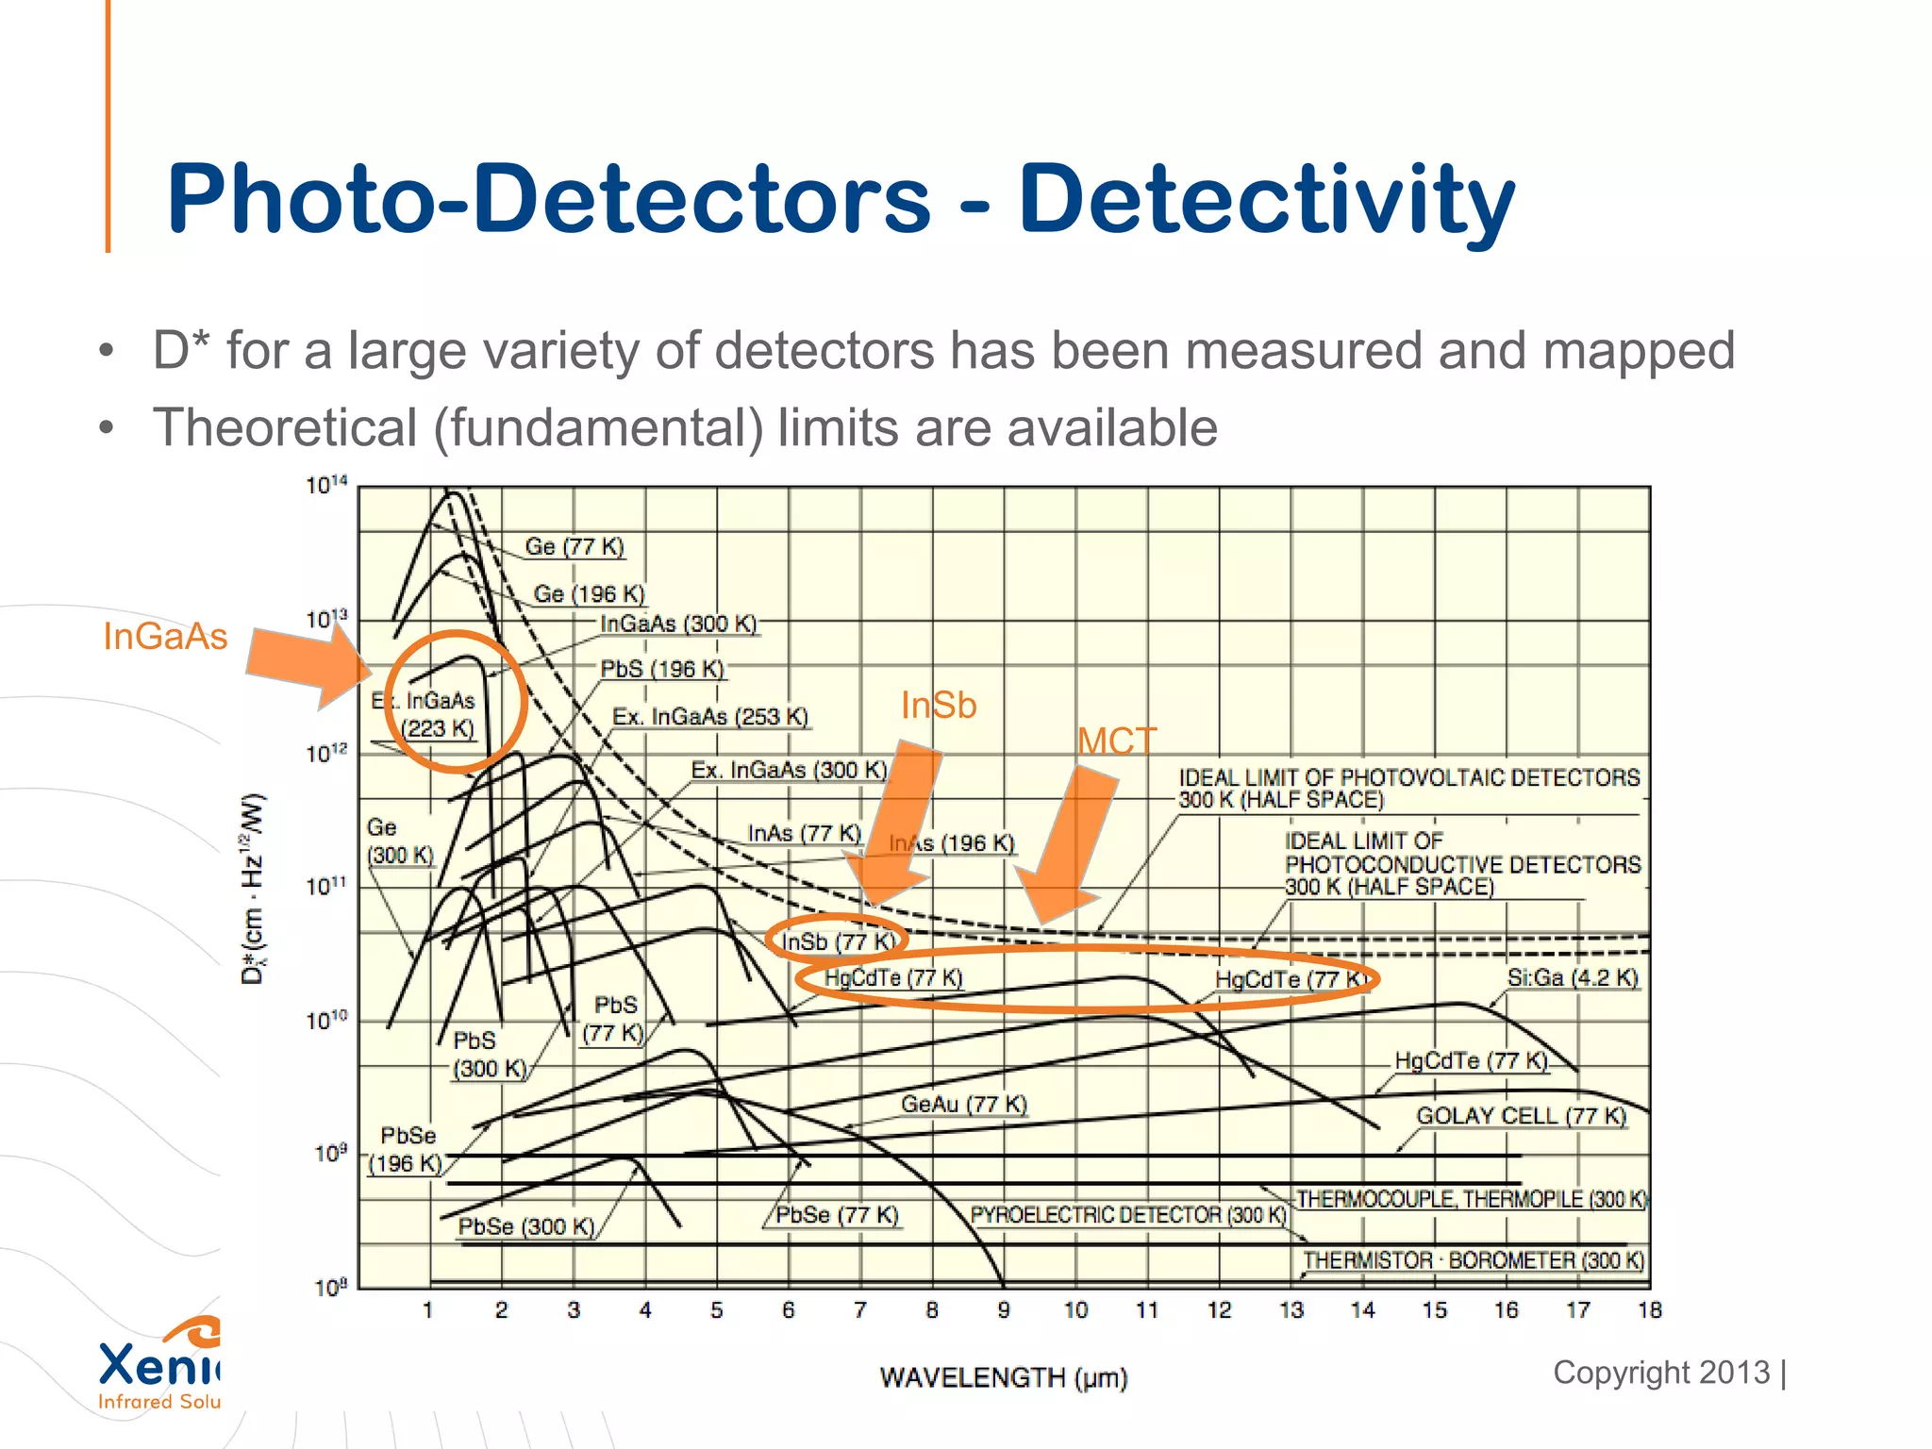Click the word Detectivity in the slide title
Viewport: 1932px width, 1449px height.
coord(1266,200)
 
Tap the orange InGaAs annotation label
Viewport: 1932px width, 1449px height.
coord(165,637)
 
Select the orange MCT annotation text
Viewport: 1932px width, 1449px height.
coord(1117,741)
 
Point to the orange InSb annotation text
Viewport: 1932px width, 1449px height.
coord(939,706)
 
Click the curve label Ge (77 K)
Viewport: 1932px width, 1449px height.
coord(575,546)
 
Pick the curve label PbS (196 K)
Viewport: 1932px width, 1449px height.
coord(662,669)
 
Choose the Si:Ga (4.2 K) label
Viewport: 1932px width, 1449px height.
coord(1572,978)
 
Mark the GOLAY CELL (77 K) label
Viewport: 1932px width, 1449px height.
coord(1521,1116)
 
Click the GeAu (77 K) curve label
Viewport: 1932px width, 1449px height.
coord(963,1104)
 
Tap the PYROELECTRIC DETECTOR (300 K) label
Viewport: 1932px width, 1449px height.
coord(1128,1215)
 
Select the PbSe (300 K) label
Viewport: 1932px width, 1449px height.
coord(525,1226)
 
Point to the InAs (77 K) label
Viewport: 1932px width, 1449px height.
coord(804,834)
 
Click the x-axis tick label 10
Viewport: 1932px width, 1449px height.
coord(1075,1310)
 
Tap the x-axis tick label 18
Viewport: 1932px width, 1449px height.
coord(1649,1310)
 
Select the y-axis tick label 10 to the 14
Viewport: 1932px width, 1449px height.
coord(326,486)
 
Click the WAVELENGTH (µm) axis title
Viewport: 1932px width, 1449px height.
coord(1003,1378)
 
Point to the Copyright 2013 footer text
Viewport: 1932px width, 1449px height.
coord(1661,1373)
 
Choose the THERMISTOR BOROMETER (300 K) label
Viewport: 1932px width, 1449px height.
coord(1474,1261)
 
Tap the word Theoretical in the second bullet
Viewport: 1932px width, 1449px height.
coord(285,427)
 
